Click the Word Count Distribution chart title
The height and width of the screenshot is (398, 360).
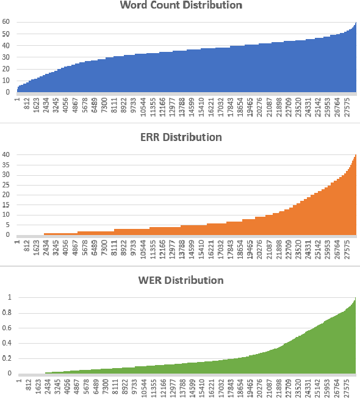[x=181, y=5]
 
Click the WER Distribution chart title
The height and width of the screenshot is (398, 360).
[x=181, y=280]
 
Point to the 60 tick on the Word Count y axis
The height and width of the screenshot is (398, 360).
[x=5, y=22]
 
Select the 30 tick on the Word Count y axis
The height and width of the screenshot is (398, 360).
[x=5, y=57]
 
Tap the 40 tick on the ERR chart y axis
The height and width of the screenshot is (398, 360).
[x=5, y=154]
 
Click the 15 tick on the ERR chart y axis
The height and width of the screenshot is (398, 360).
[x=5, y=204]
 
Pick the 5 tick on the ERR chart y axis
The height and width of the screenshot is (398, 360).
[x=7, y=225]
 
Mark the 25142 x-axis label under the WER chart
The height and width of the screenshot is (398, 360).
[x=319, y=389]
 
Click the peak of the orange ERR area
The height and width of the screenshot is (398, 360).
[x=355, y=156]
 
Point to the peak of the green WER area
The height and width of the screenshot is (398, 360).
[x=355, y=298]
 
